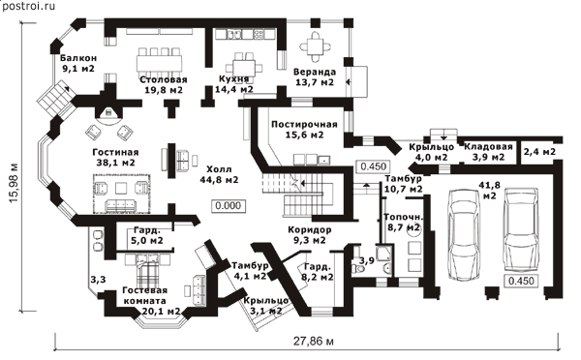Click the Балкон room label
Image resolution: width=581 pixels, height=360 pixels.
click(78, 63)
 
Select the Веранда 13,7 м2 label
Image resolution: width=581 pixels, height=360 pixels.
click(315, 77)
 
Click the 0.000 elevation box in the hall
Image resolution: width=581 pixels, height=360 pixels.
click(228, 205)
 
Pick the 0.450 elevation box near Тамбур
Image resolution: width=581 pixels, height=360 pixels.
click(373, 166)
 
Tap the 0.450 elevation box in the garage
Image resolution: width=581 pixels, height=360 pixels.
click(521, 281)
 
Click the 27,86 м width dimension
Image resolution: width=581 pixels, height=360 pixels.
click(314, 341)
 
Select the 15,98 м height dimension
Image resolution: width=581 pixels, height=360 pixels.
click(15, 183)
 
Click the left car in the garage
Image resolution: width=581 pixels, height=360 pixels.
click(463, 234)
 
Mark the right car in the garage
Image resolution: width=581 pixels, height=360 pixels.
click(521, 230)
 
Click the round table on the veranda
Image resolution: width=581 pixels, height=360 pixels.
click(316, 47)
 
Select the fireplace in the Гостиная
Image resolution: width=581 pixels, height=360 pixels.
click(108, 112)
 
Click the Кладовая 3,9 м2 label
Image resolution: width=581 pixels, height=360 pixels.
click(488, 152)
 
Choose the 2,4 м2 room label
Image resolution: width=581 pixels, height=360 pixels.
click(539, 152)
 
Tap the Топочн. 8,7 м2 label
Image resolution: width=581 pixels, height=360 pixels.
click(404, 223)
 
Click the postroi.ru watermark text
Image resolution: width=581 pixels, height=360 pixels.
click(28, 6)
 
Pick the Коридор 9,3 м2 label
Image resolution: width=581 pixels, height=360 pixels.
click(310, 235)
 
